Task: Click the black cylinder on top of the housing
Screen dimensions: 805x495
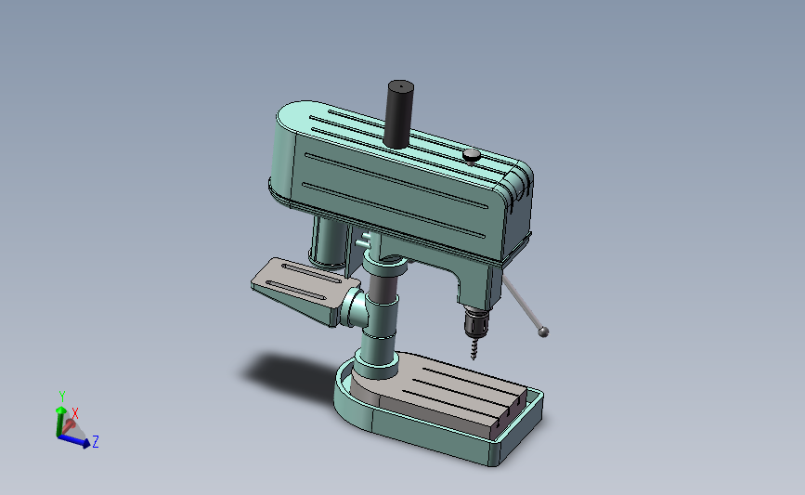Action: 398,114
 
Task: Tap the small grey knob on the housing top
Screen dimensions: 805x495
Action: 472,156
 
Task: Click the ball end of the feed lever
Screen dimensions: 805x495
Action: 543,332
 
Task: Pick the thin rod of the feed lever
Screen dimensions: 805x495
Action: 521,303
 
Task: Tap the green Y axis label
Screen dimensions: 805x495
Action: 62,396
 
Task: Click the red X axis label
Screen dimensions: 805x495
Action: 75,413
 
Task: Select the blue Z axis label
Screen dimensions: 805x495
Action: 95,441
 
